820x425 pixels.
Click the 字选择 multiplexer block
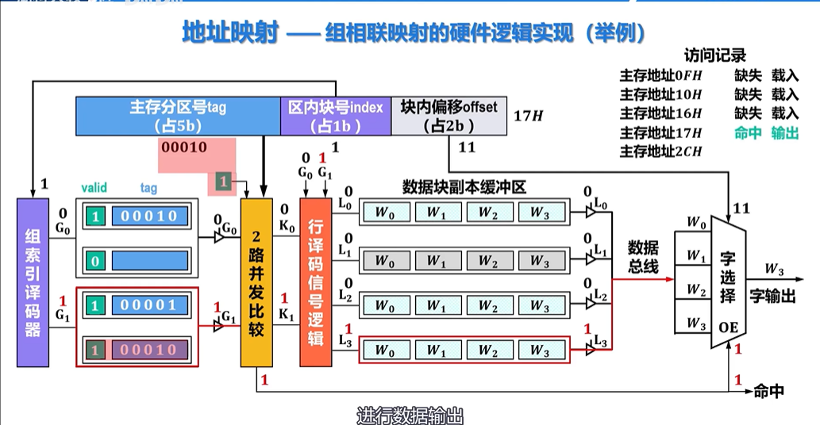728,281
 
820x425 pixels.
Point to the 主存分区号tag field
178,116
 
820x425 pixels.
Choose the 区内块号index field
335,116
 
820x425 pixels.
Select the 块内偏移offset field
448,116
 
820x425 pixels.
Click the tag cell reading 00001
149,304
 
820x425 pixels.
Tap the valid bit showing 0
95,260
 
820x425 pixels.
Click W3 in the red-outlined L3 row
539,350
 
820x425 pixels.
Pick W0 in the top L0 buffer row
384,212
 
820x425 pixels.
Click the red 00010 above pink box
183,147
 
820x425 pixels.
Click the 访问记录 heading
714,56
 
